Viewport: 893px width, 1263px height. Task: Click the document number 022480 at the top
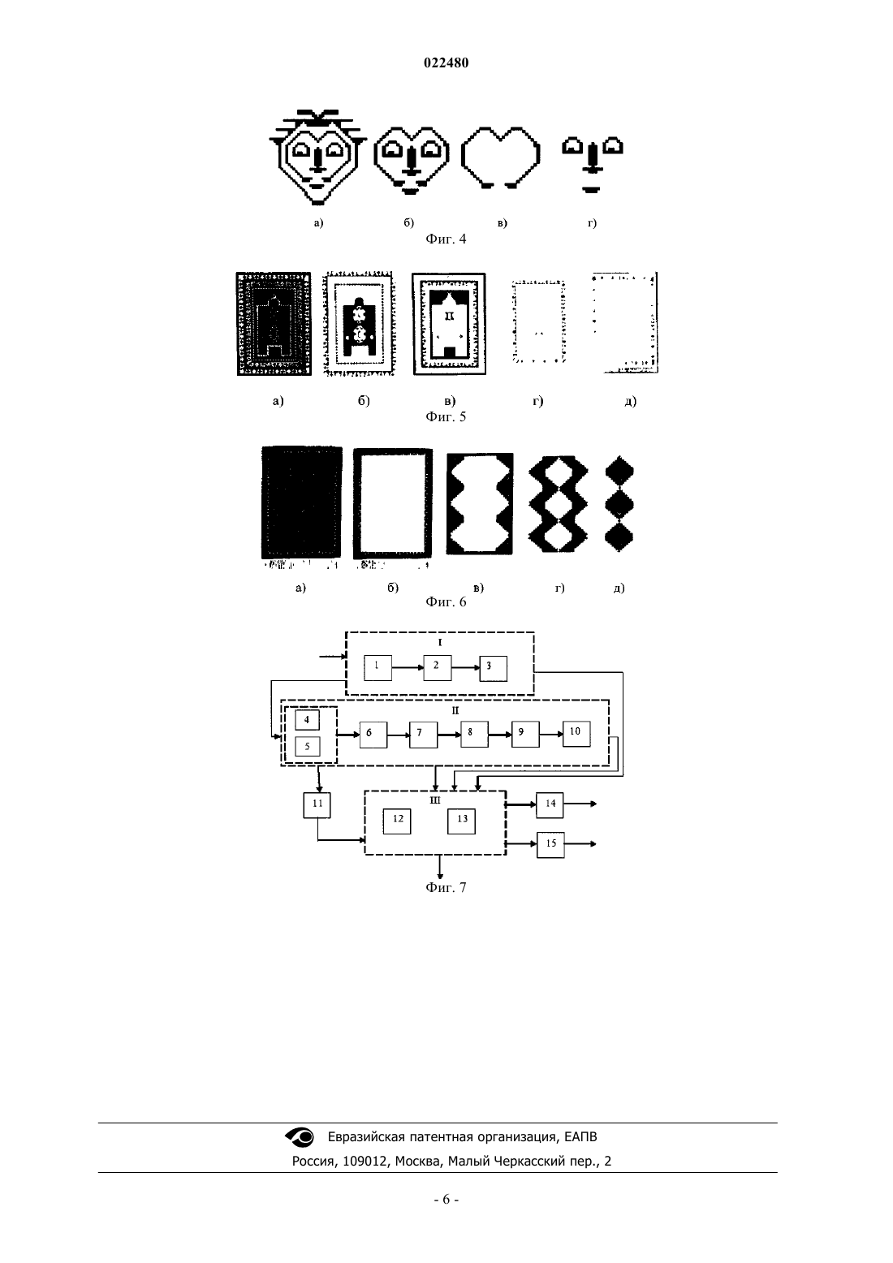(446, 63)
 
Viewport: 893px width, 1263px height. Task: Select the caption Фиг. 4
(446, 239)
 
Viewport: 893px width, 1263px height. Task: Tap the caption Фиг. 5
(446, 416)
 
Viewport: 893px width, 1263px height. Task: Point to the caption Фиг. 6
(446, 601)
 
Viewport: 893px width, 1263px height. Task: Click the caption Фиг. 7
(446, 887)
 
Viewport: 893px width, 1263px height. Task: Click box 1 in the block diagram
(377, 667)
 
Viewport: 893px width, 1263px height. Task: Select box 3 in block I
(494, 669)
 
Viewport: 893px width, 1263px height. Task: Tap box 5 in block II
(308, 747)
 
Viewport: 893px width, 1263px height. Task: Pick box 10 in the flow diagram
(576, 734)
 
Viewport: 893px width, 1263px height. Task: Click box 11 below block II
(317, 805)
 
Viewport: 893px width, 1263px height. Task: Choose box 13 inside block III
(462, 821)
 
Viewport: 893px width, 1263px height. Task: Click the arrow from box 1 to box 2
(408, 667)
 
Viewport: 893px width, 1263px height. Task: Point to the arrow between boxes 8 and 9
(500, 735)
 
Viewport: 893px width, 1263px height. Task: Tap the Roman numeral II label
(455, 711)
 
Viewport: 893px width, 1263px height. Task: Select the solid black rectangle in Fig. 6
(302, 502)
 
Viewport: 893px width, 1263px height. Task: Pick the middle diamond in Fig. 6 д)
(619, 503)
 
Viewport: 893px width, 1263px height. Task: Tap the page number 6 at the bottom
(446, 1200)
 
